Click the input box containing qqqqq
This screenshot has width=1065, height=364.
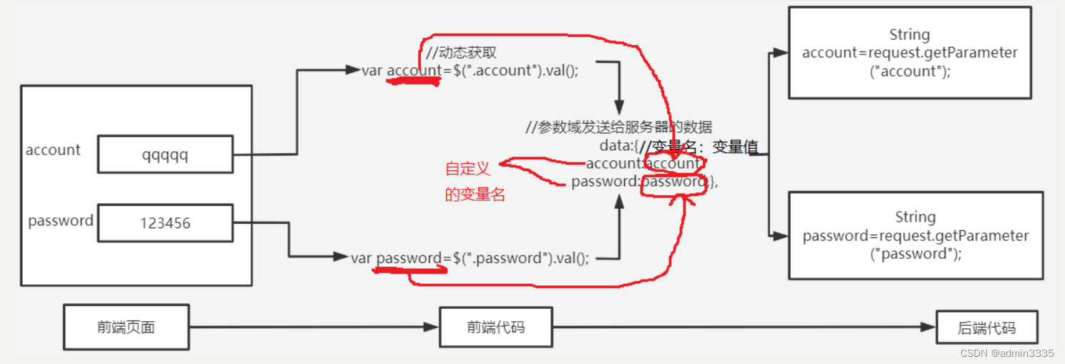165,154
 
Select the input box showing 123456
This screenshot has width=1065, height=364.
165,223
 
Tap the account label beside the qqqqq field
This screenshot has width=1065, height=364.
53,150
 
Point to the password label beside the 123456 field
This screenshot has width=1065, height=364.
60,221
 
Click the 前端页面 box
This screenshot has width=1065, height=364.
126,328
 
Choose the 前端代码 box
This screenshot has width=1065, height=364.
495,328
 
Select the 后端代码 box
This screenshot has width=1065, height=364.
986,329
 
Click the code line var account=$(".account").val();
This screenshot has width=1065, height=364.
470,70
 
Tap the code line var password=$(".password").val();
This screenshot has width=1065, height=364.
470,258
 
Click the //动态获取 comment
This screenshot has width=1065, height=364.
460,53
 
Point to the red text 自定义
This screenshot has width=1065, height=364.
467,169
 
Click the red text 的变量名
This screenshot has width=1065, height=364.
475,194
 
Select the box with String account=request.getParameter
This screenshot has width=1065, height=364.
909,53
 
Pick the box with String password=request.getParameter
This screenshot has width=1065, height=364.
915,235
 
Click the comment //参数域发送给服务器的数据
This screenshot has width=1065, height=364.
618,127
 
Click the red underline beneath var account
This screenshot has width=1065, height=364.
413,81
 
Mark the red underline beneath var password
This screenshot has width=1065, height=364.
410,270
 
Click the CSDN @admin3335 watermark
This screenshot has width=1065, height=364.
1006,353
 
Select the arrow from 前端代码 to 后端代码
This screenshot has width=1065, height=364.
744,328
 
